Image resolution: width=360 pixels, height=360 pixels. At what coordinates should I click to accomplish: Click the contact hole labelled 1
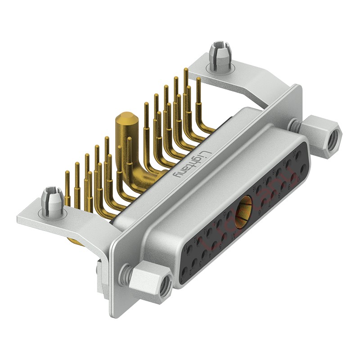click(184, 271)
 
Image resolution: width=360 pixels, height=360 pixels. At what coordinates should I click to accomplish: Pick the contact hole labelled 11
click(189, 250)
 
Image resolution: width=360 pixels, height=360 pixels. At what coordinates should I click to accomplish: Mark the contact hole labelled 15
click(229, 215)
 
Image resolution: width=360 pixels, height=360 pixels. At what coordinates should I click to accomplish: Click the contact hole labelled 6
click(264, 202)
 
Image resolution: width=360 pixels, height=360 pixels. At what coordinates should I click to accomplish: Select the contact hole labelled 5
click(224, 237)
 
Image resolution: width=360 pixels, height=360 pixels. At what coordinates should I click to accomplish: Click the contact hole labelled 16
click(259, 189)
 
